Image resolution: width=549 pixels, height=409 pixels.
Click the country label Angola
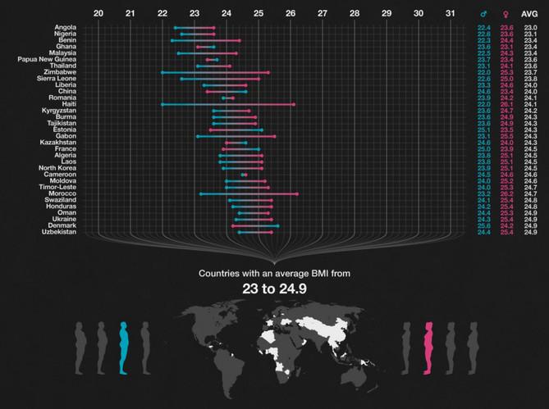coord(66,28)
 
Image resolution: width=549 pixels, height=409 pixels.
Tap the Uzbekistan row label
coord(59,232)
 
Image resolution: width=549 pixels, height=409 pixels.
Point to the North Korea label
coord(57,168)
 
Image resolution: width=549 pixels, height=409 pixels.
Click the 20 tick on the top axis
coord(98,13)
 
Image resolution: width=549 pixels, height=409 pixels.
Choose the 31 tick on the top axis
coord(450,13)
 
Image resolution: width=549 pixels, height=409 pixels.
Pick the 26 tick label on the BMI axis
coord(290,13)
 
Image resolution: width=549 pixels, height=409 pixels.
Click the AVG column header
coord(530,13)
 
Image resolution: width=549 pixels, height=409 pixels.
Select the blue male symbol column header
coord(483,13)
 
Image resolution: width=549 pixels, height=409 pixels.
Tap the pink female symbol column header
coord(506,13)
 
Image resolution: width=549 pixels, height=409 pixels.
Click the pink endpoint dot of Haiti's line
coord(294,104)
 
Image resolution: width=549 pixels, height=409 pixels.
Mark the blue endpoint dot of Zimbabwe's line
coord(162,72)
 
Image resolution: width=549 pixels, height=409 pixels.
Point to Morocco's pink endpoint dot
coord(297,194)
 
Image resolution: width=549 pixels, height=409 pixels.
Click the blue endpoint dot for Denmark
coord(277,226)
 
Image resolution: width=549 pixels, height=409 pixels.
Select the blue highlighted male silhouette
coord(124,348)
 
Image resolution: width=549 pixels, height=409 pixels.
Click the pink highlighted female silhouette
coord(427,348)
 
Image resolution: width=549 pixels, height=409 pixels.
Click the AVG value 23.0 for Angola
coord(530,28)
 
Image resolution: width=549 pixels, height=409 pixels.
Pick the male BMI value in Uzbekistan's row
coord(483,232)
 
